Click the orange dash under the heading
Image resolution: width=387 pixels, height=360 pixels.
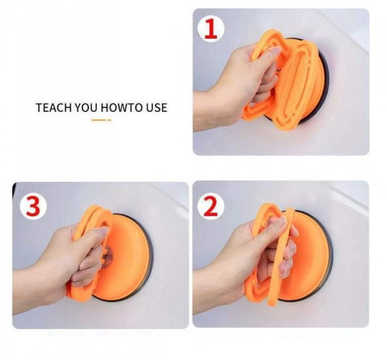click(101, 120)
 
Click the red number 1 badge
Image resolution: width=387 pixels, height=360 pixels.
click(210, 29)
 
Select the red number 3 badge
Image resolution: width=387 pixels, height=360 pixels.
click(32, 206)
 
